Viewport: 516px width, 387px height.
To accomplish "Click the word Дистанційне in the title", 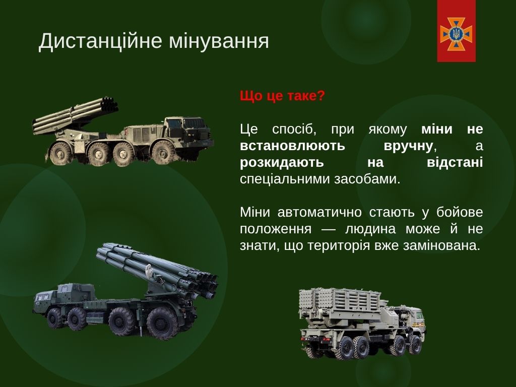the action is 100,41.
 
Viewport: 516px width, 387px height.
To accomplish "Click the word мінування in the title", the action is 219,41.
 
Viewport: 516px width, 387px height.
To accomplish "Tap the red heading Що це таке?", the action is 282,96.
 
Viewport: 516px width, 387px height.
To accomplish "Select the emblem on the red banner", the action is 456,34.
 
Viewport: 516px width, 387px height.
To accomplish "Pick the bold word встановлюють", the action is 292,146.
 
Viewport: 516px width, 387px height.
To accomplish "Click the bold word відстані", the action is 455,162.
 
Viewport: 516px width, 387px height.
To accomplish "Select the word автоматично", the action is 319,212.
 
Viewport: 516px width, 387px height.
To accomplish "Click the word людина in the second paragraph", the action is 370,229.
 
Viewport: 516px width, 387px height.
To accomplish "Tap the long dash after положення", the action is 328,229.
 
